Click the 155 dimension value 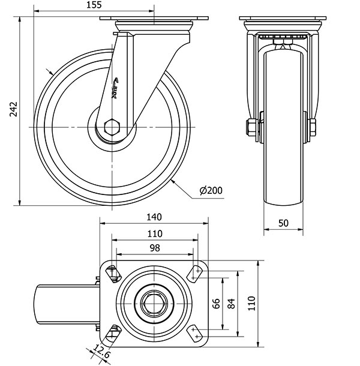[x=94, y=5]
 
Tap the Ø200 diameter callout [x=211, y=191]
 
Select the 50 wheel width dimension [x=284, y=223]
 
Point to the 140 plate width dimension [x=154, y=217]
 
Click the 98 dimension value [x=154, y=247]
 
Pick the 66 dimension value [x=217, y=303]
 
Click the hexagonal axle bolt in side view [x=112, y=128]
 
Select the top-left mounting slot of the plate [x=112, y=274]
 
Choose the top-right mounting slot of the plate [x=196, y=274]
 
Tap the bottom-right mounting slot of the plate [x=196, y=332]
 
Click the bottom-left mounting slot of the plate [x=112, y=332]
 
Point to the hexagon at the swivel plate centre [x=154, y=303]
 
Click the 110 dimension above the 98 [x=154, y=233]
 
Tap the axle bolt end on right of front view [x=313, y=127]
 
